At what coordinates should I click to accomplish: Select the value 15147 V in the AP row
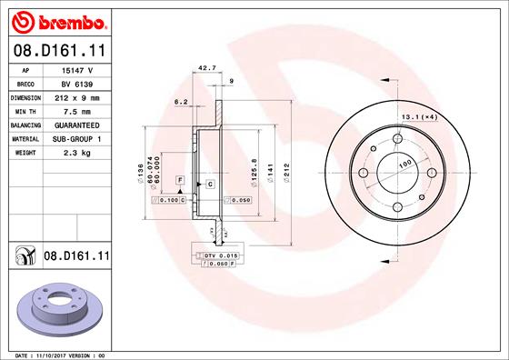click(78, 69)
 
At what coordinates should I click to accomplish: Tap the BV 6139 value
click(78, 83)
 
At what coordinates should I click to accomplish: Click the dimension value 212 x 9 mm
click(78, 97)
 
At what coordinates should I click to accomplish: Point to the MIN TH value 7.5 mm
click(78, 111)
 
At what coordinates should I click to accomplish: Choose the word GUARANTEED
click(78, 125)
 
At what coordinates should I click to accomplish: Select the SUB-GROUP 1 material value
click(78, 138)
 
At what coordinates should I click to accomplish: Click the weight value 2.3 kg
click(78, 153)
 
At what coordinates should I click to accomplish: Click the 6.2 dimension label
click(180, 103)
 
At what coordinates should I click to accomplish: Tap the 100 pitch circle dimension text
click(404, 163)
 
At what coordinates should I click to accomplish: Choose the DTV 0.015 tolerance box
click(219, 256)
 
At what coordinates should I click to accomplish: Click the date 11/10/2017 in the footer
click(61, 354)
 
